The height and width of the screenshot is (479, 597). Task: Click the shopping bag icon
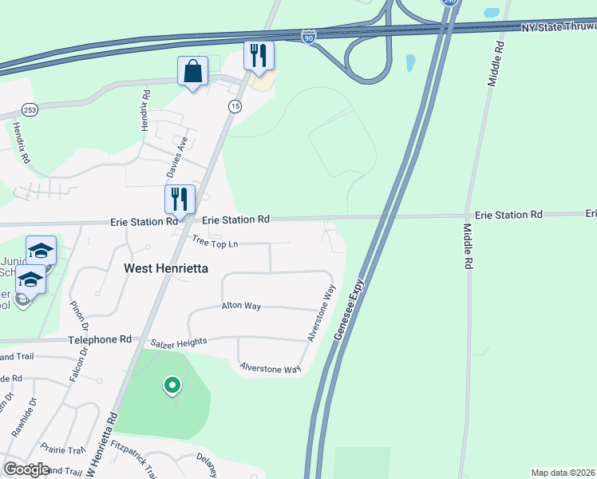point(193,71)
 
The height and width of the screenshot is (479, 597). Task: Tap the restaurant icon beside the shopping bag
point(259,55)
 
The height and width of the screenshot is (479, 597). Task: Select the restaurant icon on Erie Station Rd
point(180,200)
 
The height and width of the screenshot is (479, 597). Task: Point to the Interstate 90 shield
point(310,36)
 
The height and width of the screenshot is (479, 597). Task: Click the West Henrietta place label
point(166,269)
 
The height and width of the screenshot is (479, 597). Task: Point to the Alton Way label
point(241,306)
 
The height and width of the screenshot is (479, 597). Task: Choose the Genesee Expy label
point(349,310)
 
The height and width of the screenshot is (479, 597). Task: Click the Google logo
point(26,469)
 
